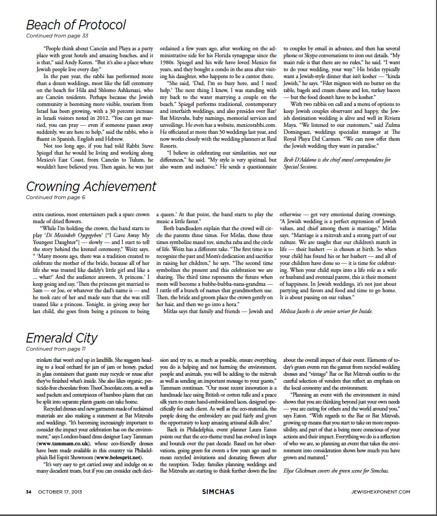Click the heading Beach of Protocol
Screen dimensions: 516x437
click(x=76, y=25)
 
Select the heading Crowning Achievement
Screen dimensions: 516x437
click(x=91, y=186)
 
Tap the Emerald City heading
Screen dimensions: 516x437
click(x=62, y=338)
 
